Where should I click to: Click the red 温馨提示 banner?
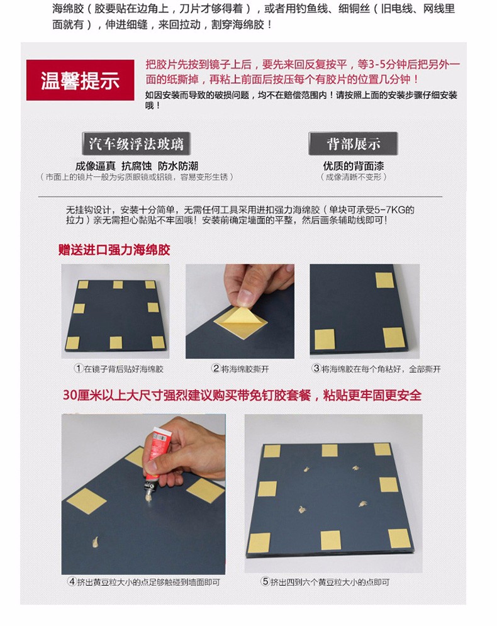pyautogui.click(x=81, y=80)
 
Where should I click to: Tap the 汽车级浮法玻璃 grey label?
pyautogui.click(x=136, y=143)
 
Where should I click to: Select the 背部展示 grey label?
pyautogui.click(x=353, y=143)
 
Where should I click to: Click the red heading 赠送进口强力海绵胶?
pyautogui.click(x=114, y=250)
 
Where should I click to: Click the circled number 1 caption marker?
pyautogui.click(x=78, y=369)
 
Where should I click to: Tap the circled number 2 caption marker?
pyautogui.click(x=216, y=369)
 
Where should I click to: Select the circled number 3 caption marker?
pyautogui.click(x=316, y=369)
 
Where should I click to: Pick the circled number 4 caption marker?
pyautogui.click(x=72, y=582)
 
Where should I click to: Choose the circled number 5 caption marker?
pyautogui.click(x=265, y=582)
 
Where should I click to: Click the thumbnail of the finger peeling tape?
pyautogui.click(x=240, y=311)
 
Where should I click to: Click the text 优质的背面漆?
pyautogui.click(x=354, y=166)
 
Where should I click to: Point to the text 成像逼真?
pyautogui.click(x=96, y=166)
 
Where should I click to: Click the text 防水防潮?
pyautogui.click(x=177, y=166)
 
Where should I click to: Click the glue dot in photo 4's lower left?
pyautogui.click(x=96, y=542)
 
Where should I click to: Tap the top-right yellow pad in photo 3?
pyautogui.click(x=384, y=280)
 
